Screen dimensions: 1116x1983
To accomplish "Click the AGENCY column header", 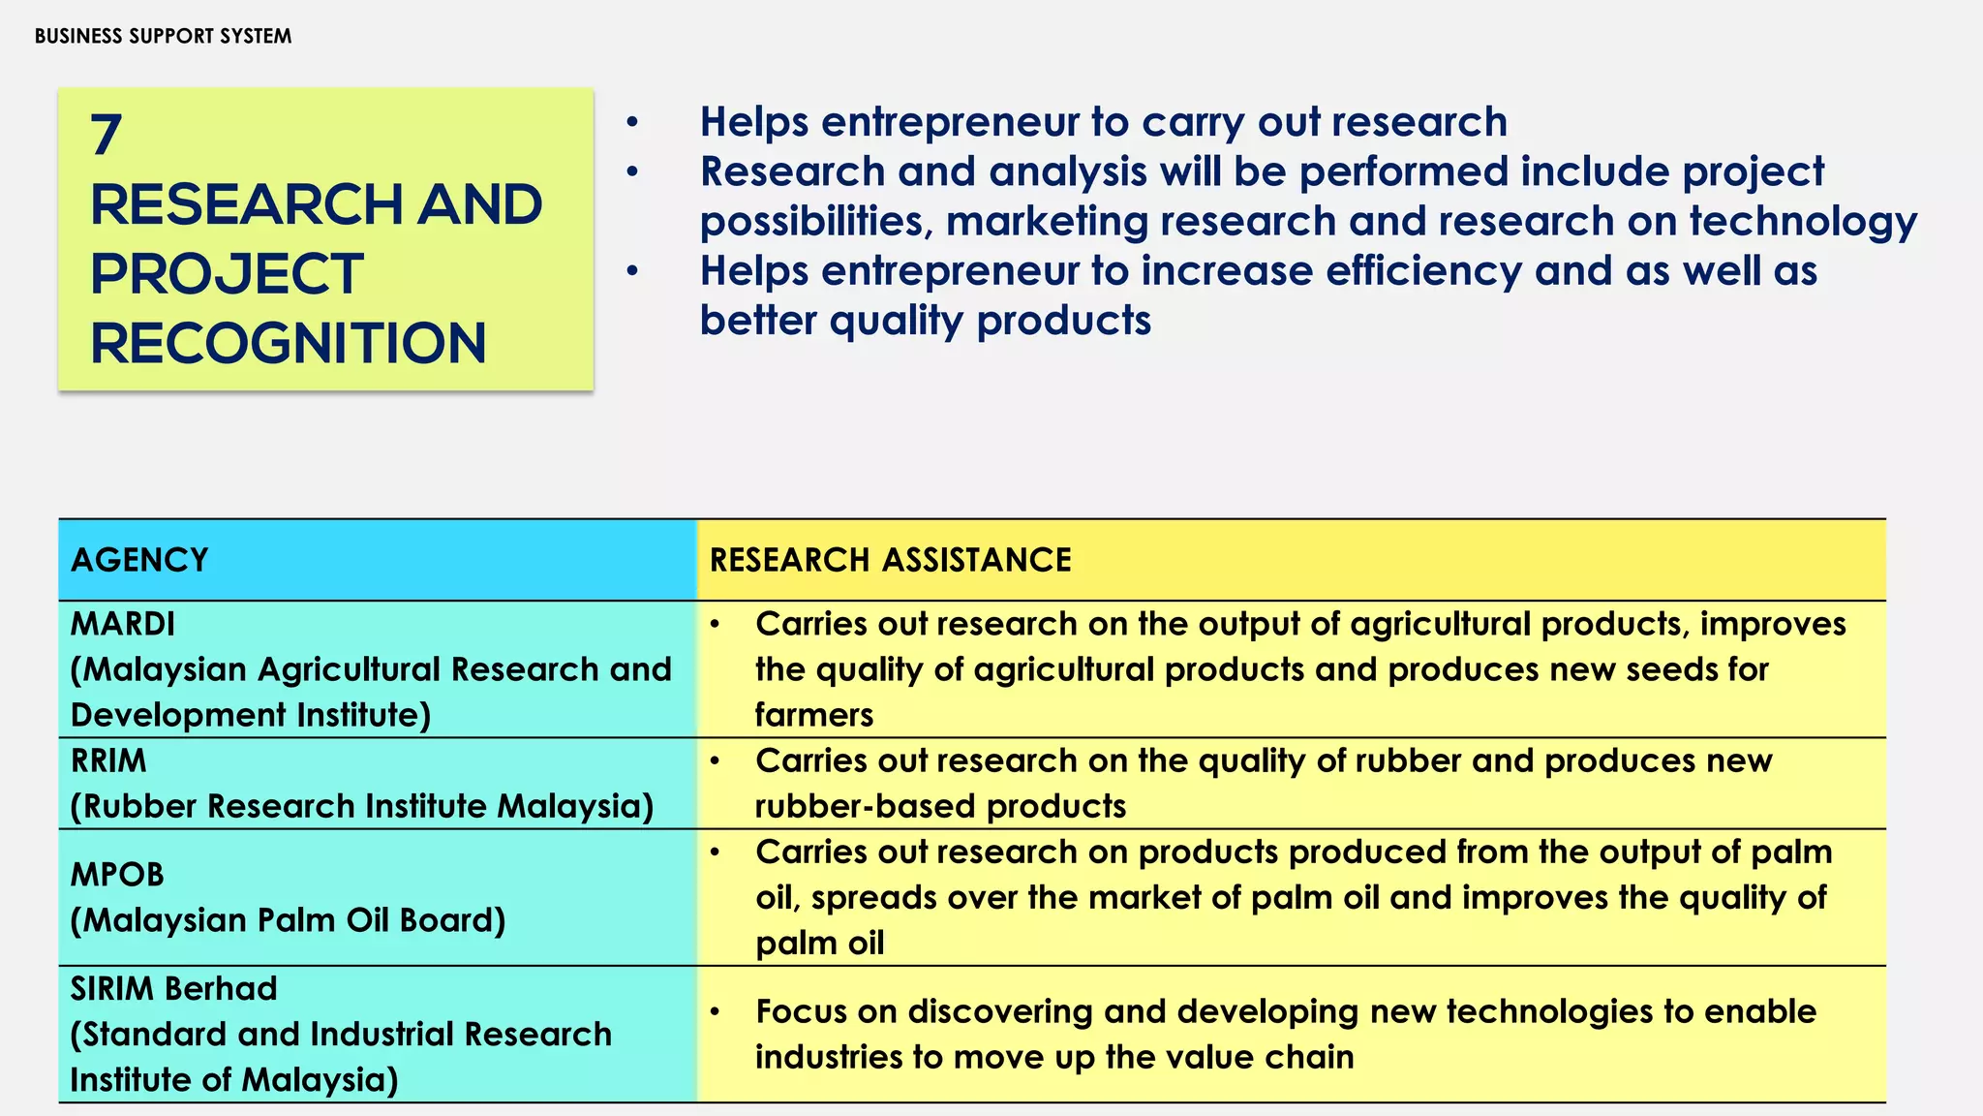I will pyautogui.click(x=139, y=560).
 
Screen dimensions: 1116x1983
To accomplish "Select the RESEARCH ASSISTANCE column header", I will pyautogui.click(x=890, y=560).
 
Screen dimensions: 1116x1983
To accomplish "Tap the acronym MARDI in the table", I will pyautogui.click(x=123, y=624).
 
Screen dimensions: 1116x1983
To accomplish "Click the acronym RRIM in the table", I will pyautogui.click(x=108, y=760).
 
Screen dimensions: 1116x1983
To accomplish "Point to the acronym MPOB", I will pyautogui.click(x=117, y=875).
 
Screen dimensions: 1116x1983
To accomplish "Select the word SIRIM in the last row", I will pyautogui.click(x=109, y=988).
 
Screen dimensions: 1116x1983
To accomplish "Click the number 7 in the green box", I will pyautogui.click(x=107, y=135).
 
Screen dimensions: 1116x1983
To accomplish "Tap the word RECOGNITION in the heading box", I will pyautogui.click(x=288, y=344).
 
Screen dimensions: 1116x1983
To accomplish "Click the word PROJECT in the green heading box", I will pyautogui.click(x=227, y=274).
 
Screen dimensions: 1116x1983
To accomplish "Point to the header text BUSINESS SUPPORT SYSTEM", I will pyautogui.click(x=163, y=37).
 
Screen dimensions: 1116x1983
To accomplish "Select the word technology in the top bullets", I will pyautogui.click(x=1803, y=222).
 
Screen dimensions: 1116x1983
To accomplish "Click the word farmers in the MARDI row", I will pyautogui.click(x=814, y=715).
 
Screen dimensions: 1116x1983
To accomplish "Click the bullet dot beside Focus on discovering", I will pyautogui.click(x=715, y=1012).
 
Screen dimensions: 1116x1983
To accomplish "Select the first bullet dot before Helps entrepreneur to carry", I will pyautogui.click(x=632, y=123).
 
